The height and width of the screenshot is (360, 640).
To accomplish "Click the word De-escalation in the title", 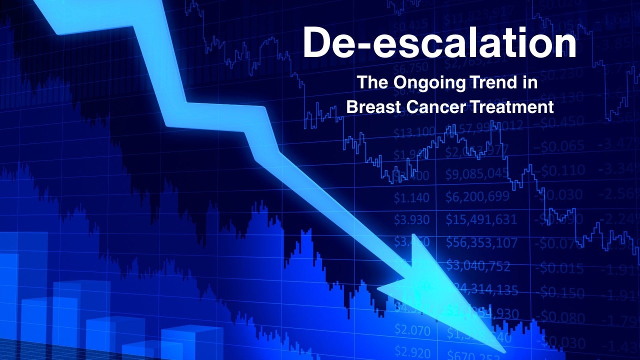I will click(439, 43).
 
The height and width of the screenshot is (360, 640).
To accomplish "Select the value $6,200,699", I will click(477, 196).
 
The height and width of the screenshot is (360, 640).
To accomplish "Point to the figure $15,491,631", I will click(481, 219).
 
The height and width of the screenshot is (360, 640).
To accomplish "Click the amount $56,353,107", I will click(481, 242).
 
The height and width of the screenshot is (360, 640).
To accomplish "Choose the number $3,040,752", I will click(478, 265).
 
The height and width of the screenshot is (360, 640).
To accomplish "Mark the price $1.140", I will click(411, 197).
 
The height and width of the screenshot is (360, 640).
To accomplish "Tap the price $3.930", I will click(411, 219).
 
